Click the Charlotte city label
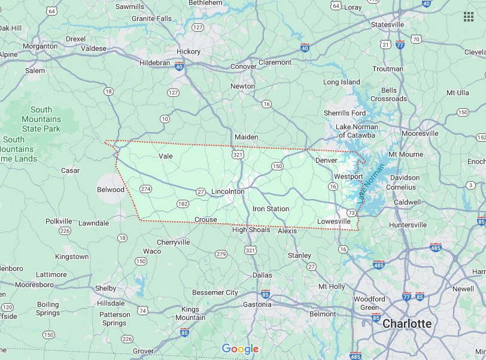(406, 324)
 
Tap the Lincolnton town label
(228, 191)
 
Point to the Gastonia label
(257, 304)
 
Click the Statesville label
(387, 25)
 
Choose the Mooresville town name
(420, 133)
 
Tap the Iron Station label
(271, 209)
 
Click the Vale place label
(166, 156)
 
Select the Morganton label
(40, 46)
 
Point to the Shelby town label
(106, 288)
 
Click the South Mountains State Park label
(41, 119)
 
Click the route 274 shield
(145, 189)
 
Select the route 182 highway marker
(183, 204)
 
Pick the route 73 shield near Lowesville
(351, 213)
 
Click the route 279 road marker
(221, 254)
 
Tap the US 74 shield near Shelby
(142, 310)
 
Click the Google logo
(240, 349)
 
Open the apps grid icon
(469, 16)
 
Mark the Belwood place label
(111, 190)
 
